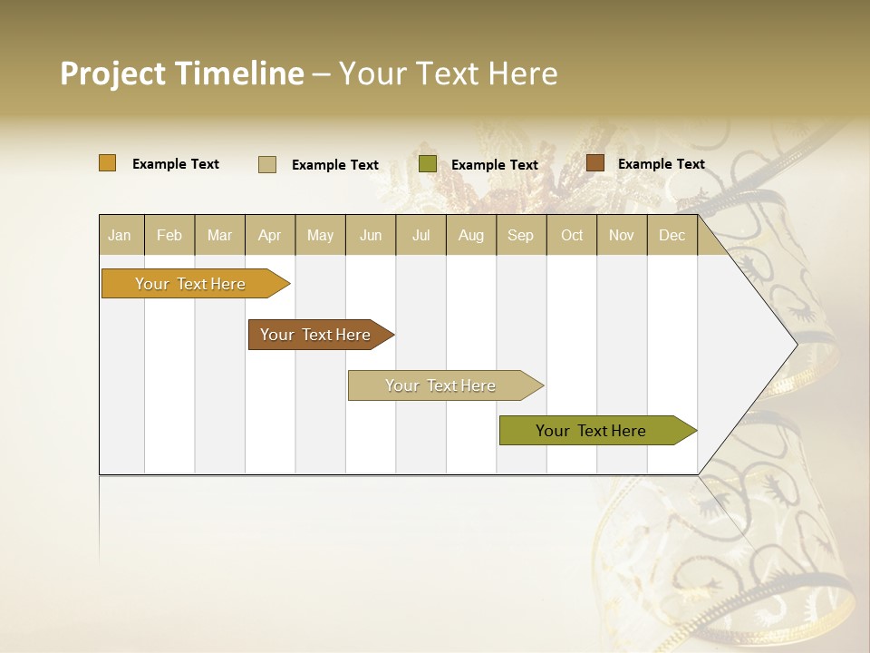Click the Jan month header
pos(121,236)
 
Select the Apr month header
pos(270,236)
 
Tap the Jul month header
pos(421,236)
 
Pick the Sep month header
pos(521,236)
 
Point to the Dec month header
pos(672,236)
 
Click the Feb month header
pos(169,236)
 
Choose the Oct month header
pos(572,236)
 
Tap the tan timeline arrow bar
pos(441,385)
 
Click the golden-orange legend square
pos(108,163)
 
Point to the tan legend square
pos(267,164)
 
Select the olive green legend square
pos(428,164)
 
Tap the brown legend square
pos(595,163)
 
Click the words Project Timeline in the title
pos(181,73)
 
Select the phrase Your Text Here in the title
pos(449,73)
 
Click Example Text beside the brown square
pos(661,164)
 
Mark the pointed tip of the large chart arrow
pos(796,345)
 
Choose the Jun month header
pos(371,236)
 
